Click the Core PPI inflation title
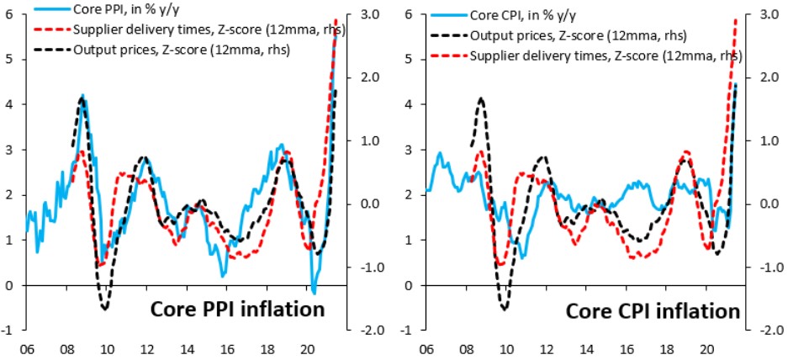237,310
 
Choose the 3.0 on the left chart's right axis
366,14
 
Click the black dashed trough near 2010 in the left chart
105,309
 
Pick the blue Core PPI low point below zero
314,292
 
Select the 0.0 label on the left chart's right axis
366,204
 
